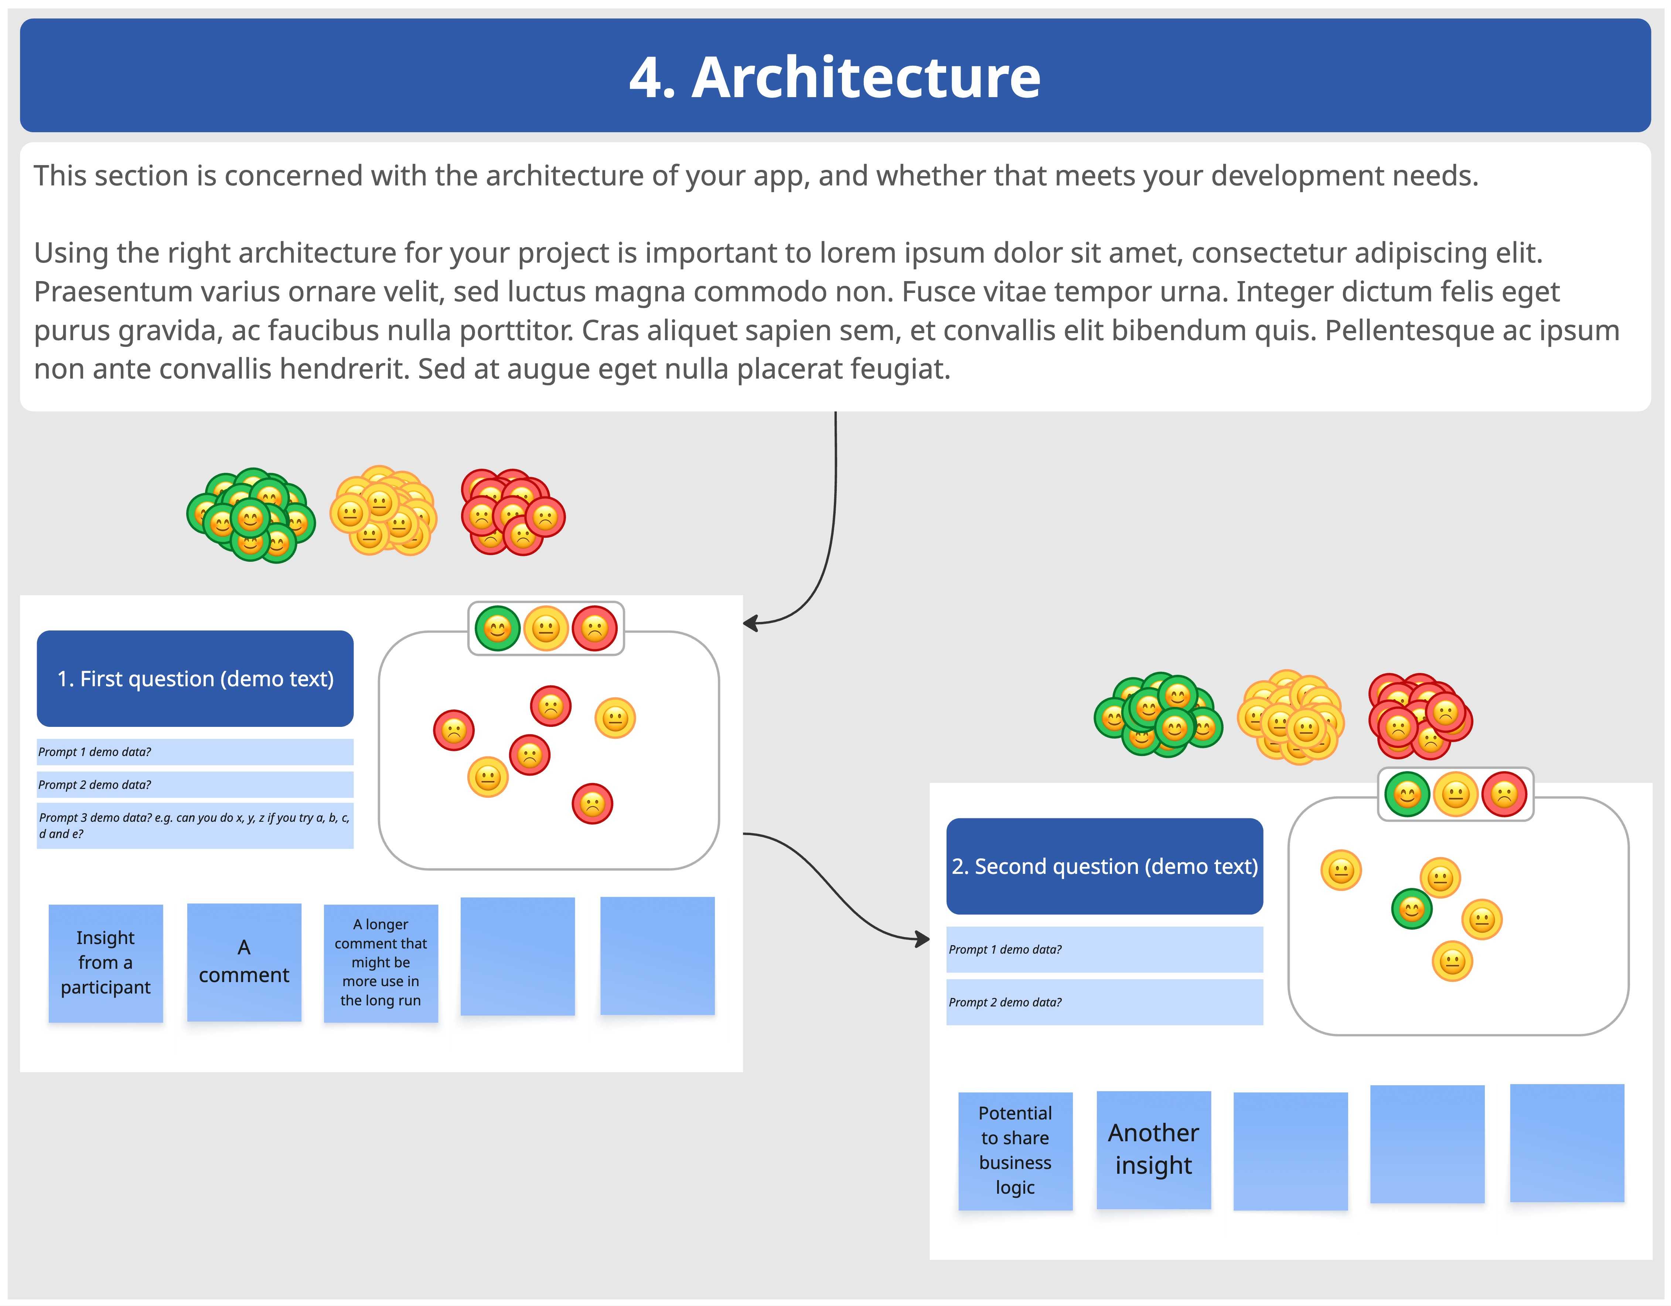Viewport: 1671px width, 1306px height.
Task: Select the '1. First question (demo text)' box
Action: click(195, 678)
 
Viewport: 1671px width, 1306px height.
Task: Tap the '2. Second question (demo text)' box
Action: click(1104, 866)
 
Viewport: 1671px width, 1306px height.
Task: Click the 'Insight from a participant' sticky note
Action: click(106, 963)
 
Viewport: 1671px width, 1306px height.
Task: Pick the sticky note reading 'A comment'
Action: click(244, 962)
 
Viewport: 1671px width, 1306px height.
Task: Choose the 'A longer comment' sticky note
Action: click(381, 963)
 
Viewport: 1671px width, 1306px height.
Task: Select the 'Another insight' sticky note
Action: click(1154, 1149)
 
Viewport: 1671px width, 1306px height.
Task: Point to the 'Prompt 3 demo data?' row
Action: click(195, 825)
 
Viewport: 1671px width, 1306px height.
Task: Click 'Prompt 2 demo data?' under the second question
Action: click(1104, 1002)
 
